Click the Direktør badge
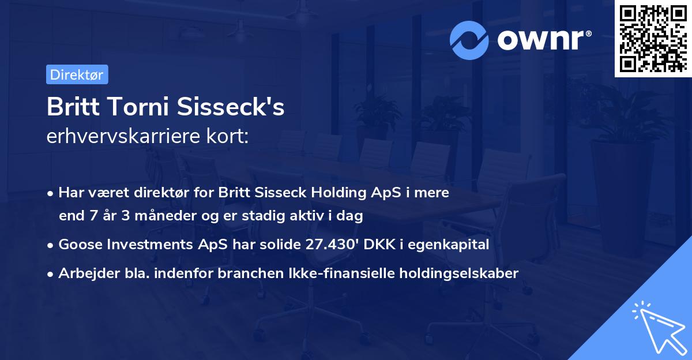[x=77, y=74]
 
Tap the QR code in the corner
[x=653, y=38]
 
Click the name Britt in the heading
[x=71, y=107]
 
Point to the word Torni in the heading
[x=137, y=107]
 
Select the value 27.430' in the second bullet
[x=329, y=245]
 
